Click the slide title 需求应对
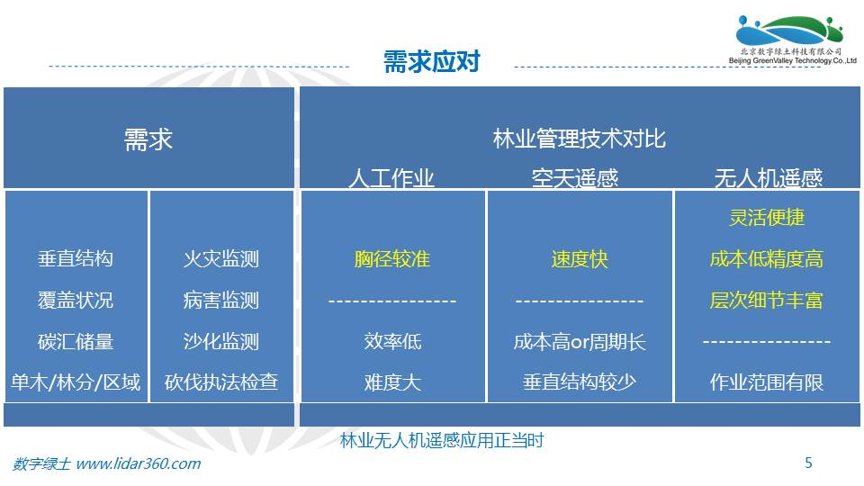pos(431,61)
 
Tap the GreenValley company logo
pos(792,40)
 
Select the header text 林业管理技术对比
pos(579,139)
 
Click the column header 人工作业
pos(391,177)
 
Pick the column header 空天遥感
pos(575,177)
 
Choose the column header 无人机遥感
pos(768,177)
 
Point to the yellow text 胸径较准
pos(392,258)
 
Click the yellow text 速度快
pos(579,258)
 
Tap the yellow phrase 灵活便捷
pos(767,217)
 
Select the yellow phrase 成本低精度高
pos(767,258)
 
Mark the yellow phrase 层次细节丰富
pos(767,300)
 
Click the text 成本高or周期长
pos(579,342)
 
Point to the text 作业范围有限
pos(767,382)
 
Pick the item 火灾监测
pos(221,258)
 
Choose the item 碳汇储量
pos(76,342)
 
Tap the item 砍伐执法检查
pos(221,382)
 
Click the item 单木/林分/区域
pos(76,382)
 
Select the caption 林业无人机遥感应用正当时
pos(442,440)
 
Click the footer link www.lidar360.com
pos(138,463)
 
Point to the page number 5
pos(808,463)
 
